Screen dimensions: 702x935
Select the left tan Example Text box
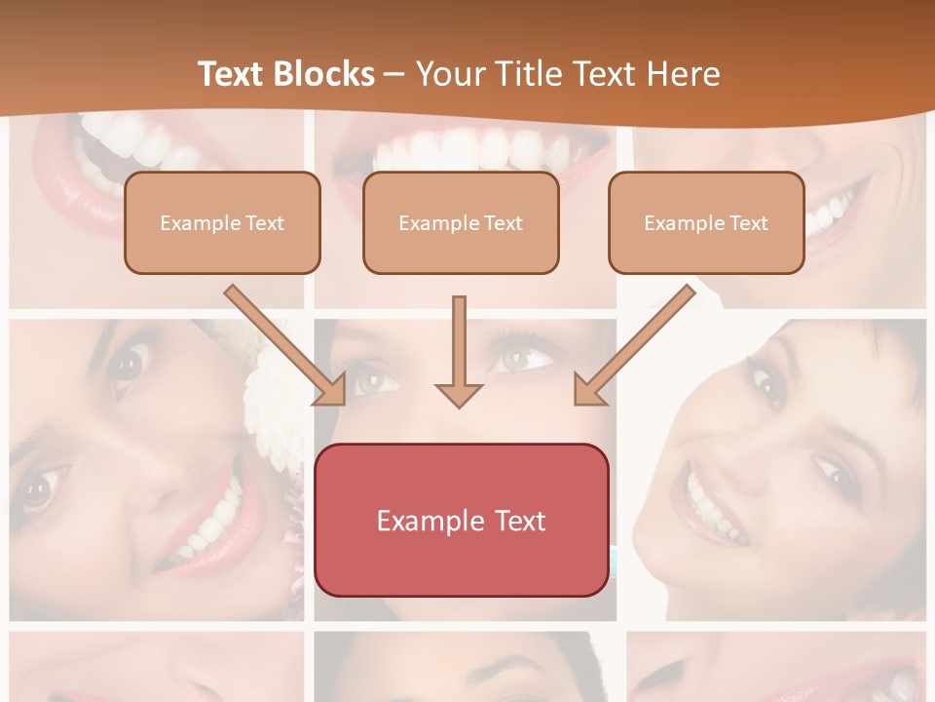click(222, 223)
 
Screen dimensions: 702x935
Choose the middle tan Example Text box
click(461, 223)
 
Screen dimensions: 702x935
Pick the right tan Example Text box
click(706, 223)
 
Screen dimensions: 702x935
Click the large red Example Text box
click(461, 520)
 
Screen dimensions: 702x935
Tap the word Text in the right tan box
click(749, 223)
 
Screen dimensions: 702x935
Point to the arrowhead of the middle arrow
click(459, 394)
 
